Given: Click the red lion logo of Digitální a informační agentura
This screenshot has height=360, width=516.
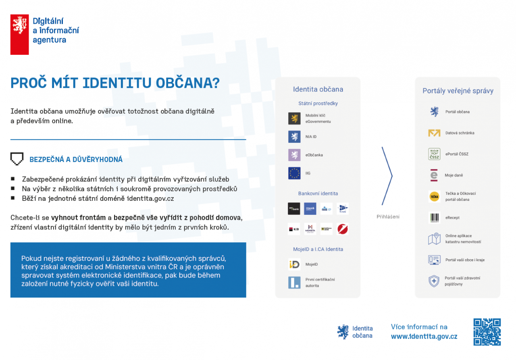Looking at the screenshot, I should [19, 35].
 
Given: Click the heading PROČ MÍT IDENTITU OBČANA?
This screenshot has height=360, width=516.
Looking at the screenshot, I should [115, 83].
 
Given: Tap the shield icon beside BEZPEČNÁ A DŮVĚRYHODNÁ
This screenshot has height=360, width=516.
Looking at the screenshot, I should [17, 159].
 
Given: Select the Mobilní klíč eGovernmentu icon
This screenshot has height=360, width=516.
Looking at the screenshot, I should [294, 119].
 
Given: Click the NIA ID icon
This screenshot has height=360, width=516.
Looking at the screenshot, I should [294, 137].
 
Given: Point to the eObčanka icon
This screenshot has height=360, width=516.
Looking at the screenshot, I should [294, 155].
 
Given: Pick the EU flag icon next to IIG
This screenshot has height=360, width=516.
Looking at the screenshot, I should [294, 173].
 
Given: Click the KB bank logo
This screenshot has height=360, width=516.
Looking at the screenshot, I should [294, 229].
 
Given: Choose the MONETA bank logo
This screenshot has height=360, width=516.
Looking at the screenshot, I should [310, 229].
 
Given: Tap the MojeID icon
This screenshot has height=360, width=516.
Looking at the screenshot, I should [294, 264].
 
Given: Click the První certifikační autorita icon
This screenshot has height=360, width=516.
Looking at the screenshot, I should [294, 282].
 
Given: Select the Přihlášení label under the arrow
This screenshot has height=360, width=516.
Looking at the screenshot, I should [388, 217].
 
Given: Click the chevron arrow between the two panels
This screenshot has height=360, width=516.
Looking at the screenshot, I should [387, 176].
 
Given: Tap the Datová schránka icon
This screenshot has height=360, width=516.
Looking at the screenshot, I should [434, 133].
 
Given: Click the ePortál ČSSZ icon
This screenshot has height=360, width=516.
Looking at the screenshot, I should [434, 154].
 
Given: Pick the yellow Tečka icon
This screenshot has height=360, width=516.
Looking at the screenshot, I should [434, 196].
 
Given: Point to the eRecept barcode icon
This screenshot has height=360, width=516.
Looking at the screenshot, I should [434, 218].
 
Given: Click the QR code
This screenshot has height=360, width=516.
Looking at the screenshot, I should [487, 332].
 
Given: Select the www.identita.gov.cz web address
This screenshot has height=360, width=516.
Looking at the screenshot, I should [424, 337].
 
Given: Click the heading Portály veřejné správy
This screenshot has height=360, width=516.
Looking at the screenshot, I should [458, 91].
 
